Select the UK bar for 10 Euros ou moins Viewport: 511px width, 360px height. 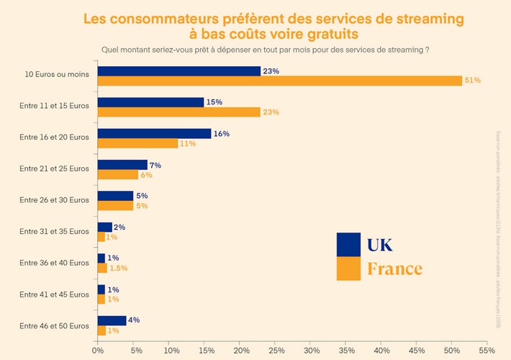click(x=179, y=71)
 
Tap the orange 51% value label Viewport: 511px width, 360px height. click(x=472, y=81)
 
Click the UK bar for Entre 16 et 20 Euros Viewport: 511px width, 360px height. click(x=154, y=133)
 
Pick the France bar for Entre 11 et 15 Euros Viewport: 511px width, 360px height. click(x=179, y=112)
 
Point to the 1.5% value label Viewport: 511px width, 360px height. click(x=119, y=269)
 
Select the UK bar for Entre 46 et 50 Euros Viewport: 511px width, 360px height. click(x=112, y=320)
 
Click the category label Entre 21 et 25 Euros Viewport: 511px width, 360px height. click(x=55, y=169)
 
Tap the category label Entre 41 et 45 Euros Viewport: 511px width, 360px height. click(x=55, y=294)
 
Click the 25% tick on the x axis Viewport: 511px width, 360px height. click(x=275, y=351)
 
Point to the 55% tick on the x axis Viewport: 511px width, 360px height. click(x=487, y=351)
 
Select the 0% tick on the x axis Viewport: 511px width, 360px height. click(x=98, y=351)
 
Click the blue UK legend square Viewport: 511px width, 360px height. click(x=348, y=244)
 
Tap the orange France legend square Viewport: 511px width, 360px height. click(x=348, y=269)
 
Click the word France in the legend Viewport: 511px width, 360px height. click(x=394, y=269)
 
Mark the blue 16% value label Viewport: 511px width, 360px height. click(x=222, y=133)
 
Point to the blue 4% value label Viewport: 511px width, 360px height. click(x=134, y=320)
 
